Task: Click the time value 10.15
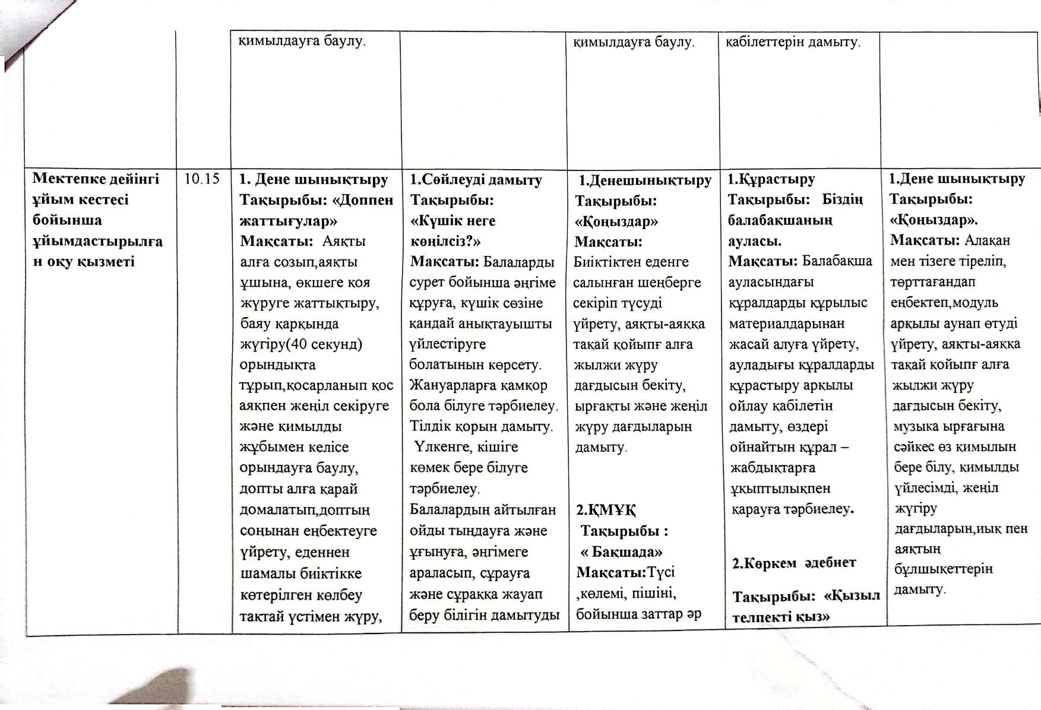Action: tap(202, 178)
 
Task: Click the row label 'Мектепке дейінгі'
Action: tap(96, 179)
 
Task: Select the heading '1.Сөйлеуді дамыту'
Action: tap(476, 179)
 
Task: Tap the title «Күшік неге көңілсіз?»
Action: tap(453, 231)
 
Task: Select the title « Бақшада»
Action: tap(621, 551)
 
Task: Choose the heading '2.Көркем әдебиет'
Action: tap(793, 563)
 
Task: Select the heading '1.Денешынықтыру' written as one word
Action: tap(645, 180)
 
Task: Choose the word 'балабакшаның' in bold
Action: tap(780, 220)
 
